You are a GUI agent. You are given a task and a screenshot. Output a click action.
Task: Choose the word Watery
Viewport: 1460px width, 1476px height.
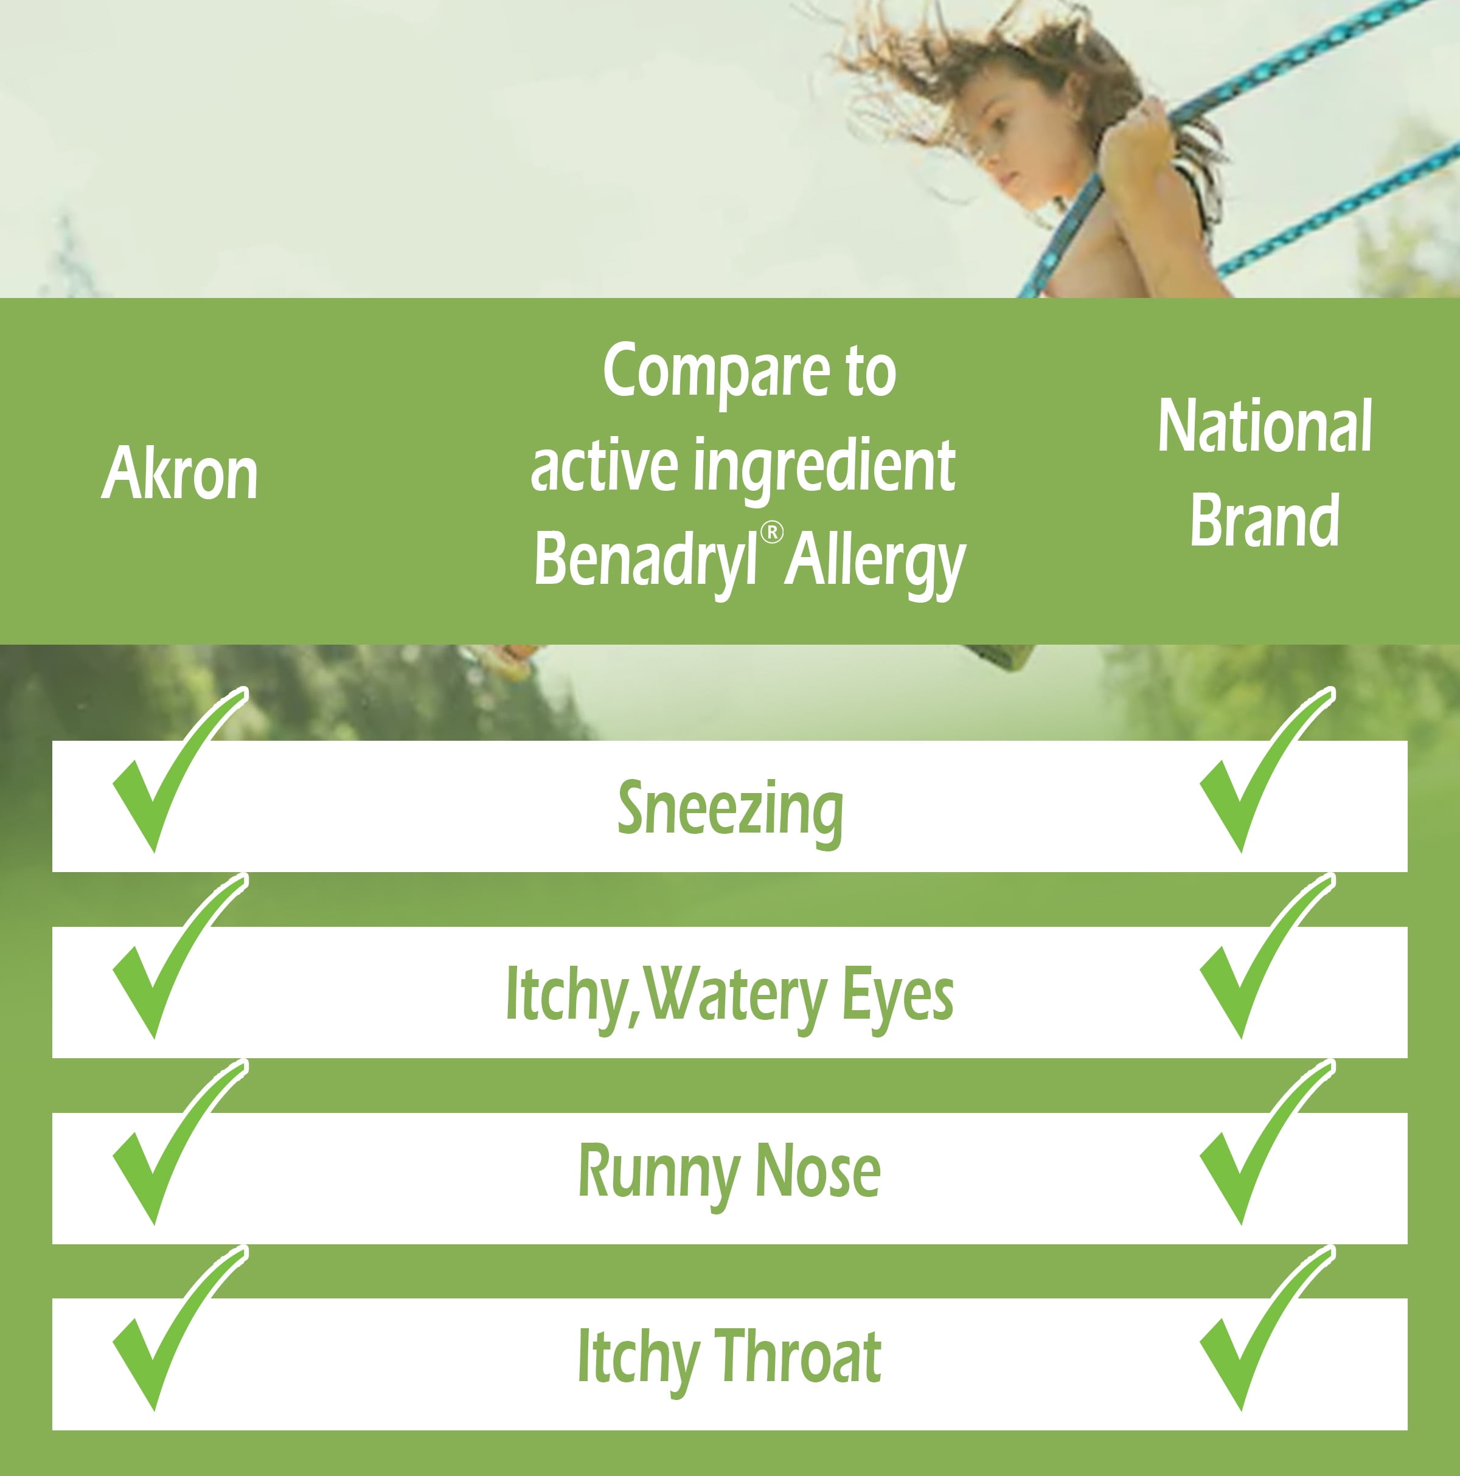[734, 998]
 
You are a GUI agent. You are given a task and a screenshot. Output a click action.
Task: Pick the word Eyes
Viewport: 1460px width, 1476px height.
[898, 998]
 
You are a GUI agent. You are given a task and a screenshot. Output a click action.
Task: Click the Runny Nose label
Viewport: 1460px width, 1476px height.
[729, 1172]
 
